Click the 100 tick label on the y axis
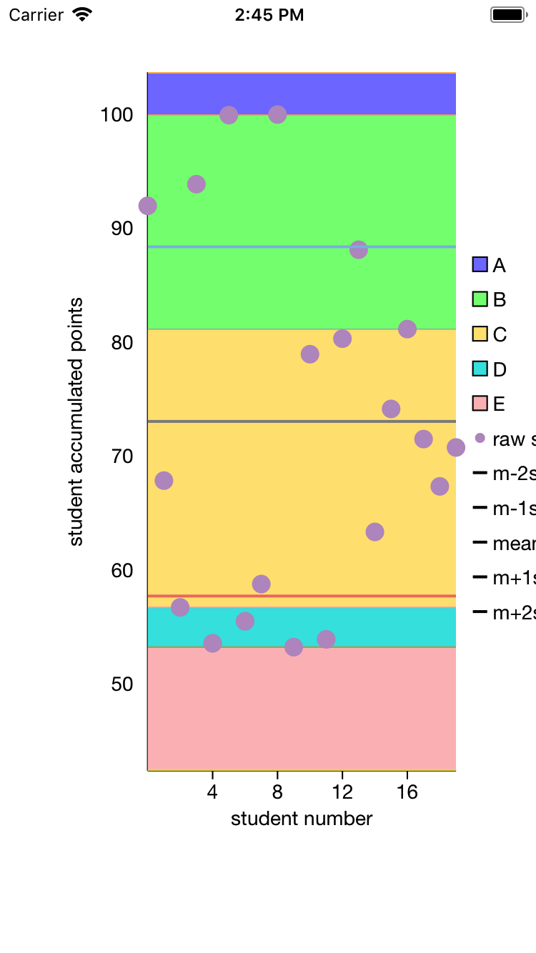pyautogui.click(x=116, y=114)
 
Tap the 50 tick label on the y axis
pyautogui.click(x=121, y=684)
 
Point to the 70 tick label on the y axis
pyautogui.click(x=121, y=456)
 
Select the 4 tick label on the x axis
pyautogui.click(x=212, y=792)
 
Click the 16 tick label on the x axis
pyautogui.click(x=407, y=792)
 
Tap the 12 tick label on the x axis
pyautogui.click(x=342, y=792)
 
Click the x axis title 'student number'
pyautogui.click(x=302, y=819)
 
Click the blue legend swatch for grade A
pyautogui.click(x=480, y=264)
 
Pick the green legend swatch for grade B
pyautogui.click(x=480, y=299)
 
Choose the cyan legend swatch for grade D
pyautogui.click(x=480, y=369)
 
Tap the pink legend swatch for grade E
pyautogui.click(x=480, y=404)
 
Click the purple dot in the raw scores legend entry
pyautogui.click(x=480, y=438)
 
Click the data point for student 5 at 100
pyautogui.click(x=229, y=115)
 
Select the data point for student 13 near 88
pyautogui.click(x=359, y=250)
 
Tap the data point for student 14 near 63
pyautogui.click(x=374, y=532)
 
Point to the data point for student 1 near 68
pyautogui.click(x=164, y=480)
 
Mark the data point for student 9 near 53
pyautogui.click(x=294, y=647)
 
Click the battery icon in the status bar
pyautogui.click(x=508, y=15)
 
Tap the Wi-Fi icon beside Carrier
pyautogui.click(x=83, y=15)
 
